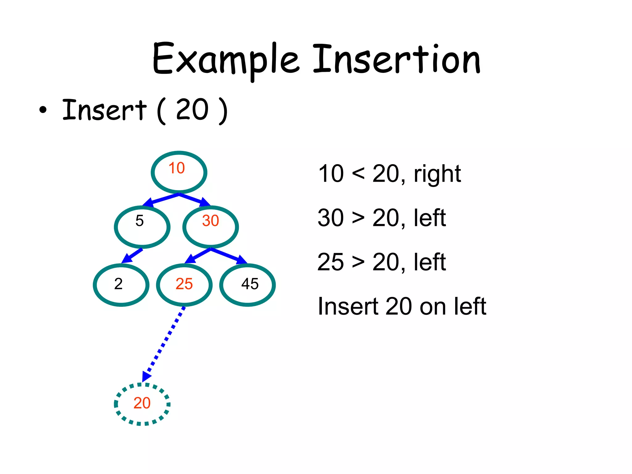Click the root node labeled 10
[x=179, y=172]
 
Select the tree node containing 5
[x=142, y=227]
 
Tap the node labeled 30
[x=210, y=227]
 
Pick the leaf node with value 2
[x=121, y=285]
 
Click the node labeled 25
[x=184, y=285]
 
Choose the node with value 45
[x=247, y=285]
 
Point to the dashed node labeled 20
[x=142, y=404]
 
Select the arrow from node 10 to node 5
[x=160, y=200]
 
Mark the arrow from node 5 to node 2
[x=132, y=256]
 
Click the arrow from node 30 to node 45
[x=229, y=256]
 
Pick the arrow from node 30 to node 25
[x=197, y=256]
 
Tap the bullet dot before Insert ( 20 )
[x=43, y=110]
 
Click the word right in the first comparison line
[x=437, y=175]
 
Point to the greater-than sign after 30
[x=358, y=218]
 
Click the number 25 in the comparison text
[x=330, y=262]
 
